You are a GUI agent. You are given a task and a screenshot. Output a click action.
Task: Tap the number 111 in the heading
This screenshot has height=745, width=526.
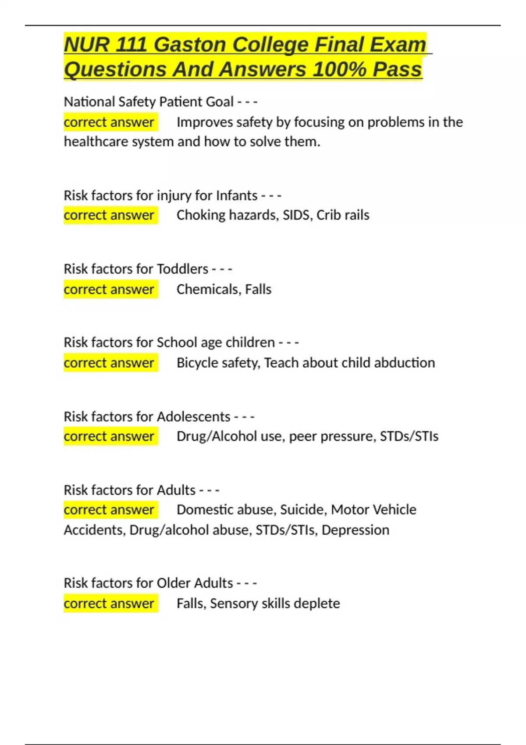point(131,45)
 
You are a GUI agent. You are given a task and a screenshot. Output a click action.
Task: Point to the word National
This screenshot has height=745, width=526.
point(89,102)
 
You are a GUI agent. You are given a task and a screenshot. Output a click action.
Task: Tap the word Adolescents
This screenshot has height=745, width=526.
point(193,416)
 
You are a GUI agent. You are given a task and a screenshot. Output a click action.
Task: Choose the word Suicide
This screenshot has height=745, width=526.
point(303,510)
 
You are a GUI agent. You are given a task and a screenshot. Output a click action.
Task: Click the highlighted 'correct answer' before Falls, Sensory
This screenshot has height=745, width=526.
point(109,603)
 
